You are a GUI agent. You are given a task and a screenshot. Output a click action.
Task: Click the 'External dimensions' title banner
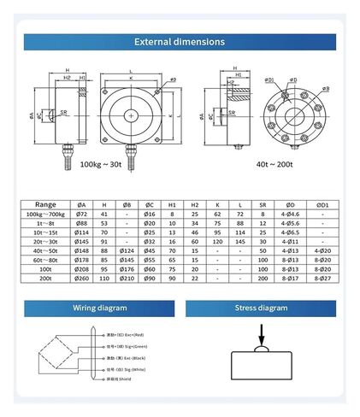point(180,41)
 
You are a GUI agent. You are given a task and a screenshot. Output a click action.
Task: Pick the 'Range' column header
point(47,205)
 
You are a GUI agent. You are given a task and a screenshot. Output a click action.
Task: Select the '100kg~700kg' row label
point(47,214)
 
